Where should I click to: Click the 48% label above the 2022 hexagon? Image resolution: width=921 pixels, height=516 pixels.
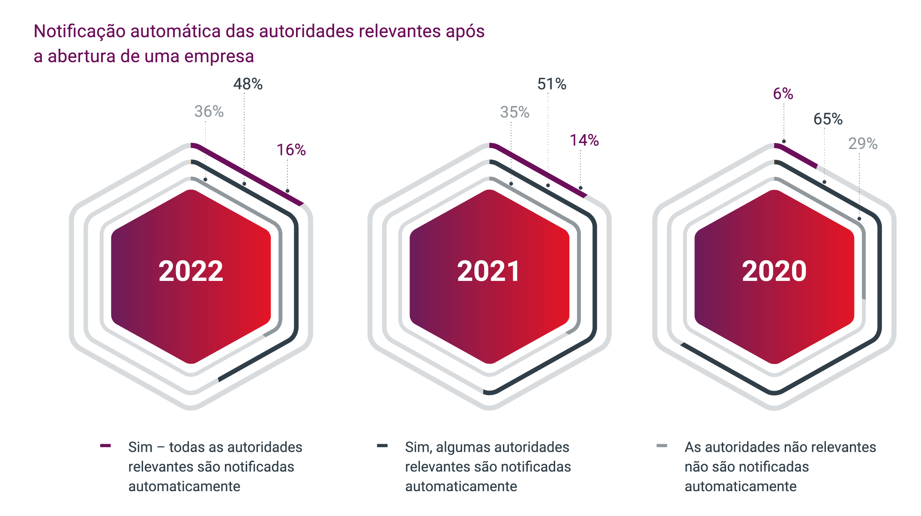248,84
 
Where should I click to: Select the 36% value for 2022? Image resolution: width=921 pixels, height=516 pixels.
209,111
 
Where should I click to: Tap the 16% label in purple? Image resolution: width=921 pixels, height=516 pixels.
291,150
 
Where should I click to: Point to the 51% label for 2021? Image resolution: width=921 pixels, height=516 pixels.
552,84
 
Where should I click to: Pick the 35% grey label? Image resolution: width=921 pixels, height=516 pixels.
514,112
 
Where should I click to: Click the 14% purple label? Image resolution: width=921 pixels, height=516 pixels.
584,140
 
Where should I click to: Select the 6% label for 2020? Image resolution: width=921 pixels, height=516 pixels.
783,94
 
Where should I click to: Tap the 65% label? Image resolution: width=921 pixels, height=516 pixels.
828,119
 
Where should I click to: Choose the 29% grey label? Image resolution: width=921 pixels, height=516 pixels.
863,143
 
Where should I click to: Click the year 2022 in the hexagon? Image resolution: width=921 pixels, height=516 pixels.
191,271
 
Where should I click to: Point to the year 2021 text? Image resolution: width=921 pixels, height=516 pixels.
489,271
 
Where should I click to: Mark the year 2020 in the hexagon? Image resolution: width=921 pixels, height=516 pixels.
774,271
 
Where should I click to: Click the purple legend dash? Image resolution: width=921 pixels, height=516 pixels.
105,446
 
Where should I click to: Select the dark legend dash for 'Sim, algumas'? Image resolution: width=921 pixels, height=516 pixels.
382,446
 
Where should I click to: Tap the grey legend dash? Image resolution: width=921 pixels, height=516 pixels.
661,446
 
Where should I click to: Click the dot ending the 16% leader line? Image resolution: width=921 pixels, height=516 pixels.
287,191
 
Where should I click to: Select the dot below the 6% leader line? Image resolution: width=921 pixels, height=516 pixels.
783,141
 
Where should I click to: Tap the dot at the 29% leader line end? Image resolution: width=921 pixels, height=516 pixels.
859,219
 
